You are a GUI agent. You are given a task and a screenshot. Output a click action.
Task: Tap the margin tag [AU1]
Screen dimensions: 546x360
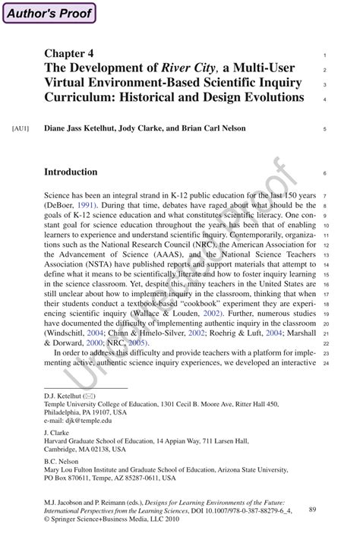click(x=21, y=128)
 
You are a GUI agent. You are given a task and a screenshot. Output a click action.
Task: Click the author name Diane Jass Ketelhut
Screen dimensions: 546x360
click(x=82, y=128)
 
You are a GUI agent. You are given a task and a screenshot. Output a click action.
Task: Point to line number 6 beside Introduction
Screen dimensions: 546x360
click(x=324, y=173)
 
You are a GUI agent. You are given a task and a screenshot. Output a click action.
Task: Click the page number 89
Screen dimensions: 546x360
click(x=313, y=510)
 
